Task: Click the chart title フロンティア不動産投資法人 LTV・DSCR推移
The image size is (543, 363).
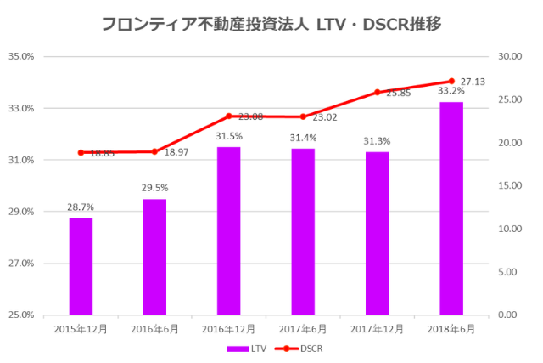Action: [x=271, y=24]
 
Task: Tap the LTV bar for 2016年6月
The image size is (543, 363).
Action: [x=154, y=257]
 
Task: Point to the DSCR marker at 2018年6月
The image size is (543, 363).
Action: [x=451, y=81]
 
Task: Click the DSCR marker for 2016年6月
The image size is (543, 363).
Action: [x=154, y=151]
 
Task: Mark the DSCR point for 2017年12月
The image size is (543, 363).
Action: [x=377, y=92]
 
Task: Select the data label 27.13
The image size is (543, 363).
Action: [x=473, y=82]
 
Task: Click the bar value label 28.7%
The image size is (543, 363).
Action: [x=81, y=207]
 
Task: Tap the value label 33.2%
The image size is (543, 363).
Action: [x=451, y=91]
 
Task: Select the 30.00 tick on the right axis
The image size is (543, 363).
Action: [x=508, y=57]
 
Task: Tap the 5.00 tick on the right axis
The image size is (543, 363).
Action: [x=506, y=272]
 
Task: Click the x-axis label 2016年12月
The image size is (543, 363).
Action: [x=228, y=328]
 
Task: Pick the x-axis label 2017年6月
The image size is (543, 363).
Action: [x=303, y=328]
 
